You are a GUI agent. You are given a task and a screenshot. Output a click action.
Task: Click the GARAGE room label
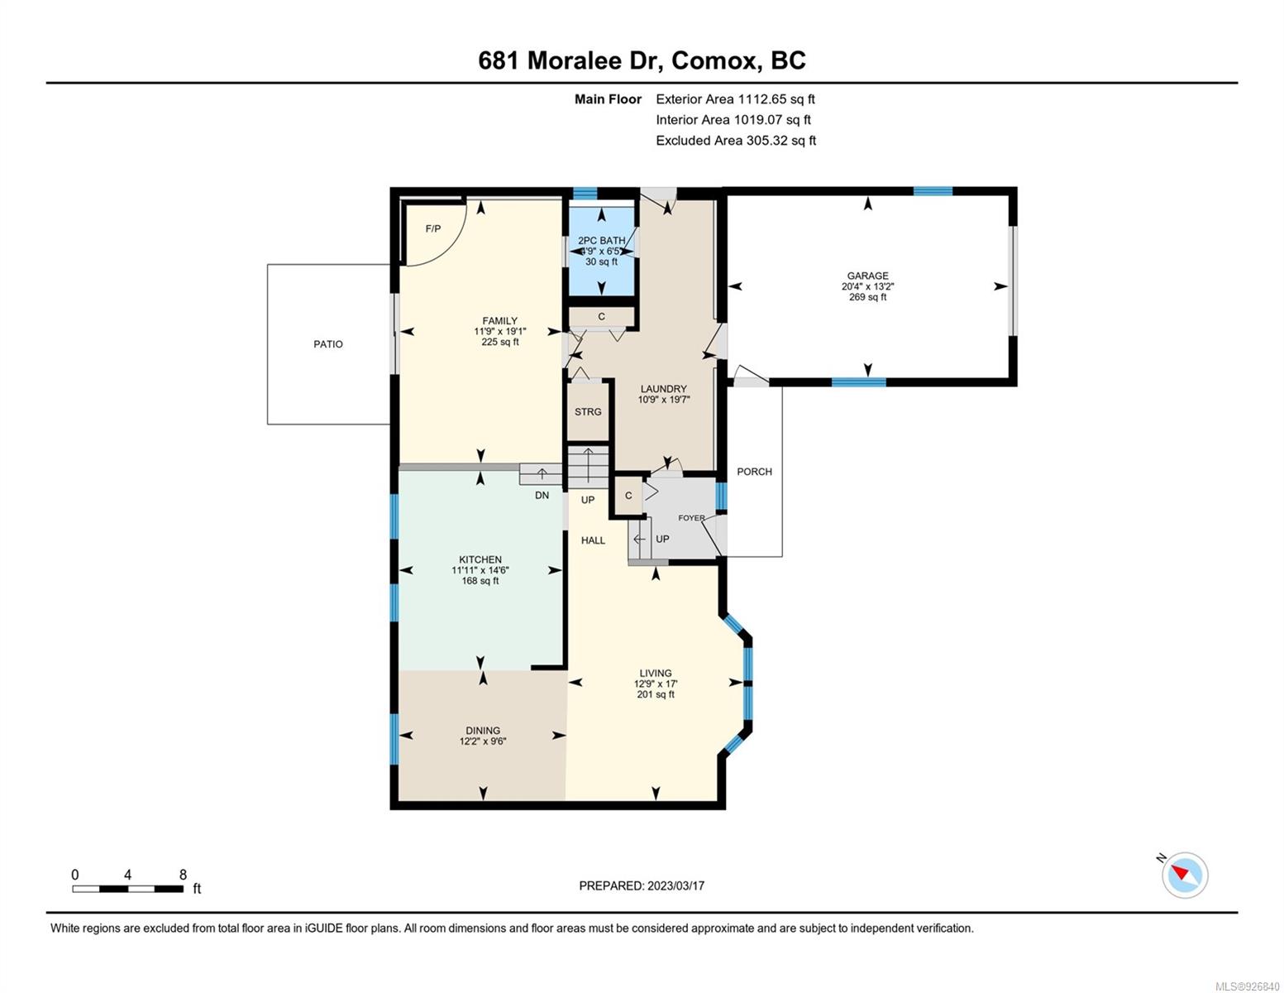point(867,276)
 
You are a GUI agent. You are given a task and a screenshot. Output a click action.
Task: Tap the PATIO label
point(328,344)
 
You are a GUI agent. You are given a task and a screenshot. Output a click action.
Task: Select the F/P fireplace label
point(433,229)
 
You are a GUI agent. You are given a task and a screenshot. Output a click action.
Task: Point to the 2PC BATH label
point(602,241)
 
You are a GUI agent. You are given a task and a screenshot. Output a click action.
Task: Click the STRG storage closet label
point(588,411)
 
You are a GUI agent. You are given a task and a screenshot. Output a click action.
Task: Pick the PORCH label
point(755,472)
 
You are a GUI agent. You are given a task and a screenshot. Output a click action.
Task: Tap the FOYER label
point(691,518)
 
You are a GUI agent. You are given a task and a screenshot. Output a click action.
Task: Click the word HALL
point(593,540)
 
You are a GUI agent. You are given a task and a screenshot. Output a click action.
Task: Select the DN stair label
point(542,495)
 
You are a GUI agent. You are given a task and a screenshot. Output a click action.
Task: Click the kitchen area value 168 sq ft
point(480,581)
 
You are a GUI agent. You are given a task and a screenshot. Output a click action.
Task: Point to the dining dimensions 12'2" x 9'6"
point(483,741)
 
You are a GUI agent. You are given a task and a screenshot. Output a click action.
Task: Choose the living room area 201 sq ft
point(656,694)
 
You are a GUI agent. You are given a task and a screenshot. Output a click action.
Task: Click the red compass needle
point(1180,872)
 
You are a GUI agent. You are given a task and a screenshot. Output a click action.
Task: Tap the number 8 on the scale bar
point(184,875)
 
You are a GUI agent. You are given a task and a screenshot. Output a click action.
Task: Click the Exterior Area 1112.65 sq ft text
point(735,99)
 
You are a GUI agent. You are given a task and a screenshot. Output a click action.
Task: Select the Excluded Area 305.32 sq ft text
point(736,141)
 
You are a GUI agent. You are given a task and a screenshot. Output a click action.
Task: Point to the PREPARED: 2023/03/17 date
point(642,886)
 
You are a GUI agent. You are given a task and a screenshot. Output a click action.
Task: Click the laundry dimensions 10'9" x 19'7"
point(664,400)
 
